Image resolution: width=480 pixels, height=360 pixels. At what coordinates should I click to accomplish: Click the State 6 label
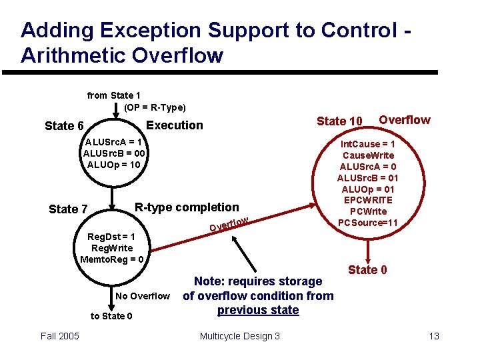pos(64,126)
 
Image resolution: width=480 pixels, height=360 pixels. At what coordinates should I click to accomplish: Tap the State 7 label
pos(68,209)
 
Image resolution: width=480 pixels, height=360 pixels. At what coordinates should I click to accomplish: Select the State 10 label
pos(339,121)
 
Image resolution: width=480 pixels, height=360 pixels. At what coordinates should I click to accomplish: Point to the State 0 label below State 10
pos(367,269)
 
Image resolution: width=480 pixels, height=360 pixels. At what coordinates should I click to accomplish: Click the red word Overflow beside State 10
pos(405,120)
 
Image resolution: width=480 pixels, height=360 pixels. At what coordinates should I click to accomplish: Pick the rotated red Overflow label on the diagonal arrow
pos(229,225)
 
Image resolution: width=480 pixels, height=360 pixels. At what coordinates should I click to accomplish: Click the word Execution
pos(174,125)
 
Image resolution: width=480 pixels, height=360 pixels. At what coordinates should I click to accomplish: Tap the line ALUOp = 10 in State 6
pos(114,164)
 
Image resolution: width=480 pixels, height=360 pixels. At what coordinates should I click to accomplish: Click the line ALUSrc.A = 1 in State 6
pos(114,141)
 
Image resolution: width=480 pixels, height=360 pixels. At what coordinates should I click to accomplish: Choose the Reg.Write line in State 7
pos(111,248)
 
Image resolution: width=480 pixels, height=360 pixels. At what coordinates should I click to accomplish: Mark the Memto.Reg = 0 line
pos(111,259)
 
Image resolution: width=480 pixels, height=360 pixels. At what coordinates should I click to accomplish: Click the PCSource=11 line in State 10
pos(368,223)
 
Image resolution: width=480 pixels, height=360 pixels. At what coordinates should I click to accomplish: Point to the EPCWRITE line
pos(368,200)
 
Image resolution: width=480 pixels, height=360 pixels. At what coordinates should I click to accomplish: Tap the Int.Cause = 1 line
pos(368,144)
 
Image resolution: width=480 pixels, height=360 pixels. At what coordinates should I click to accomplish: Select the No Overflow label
pos(142,296)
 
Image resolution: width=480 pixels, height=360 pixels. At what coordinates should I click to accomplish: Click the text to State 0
pos(111,316)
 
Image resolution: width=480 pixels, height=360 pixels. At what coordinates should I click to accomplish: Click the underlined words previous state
pos(258,310)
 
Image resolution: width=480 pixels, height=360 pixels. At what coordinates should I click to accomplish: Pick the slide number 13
pos(434,336)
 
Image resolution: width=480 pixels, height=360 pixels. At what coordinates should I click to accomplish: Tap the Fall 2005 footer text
pos(60,336)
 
